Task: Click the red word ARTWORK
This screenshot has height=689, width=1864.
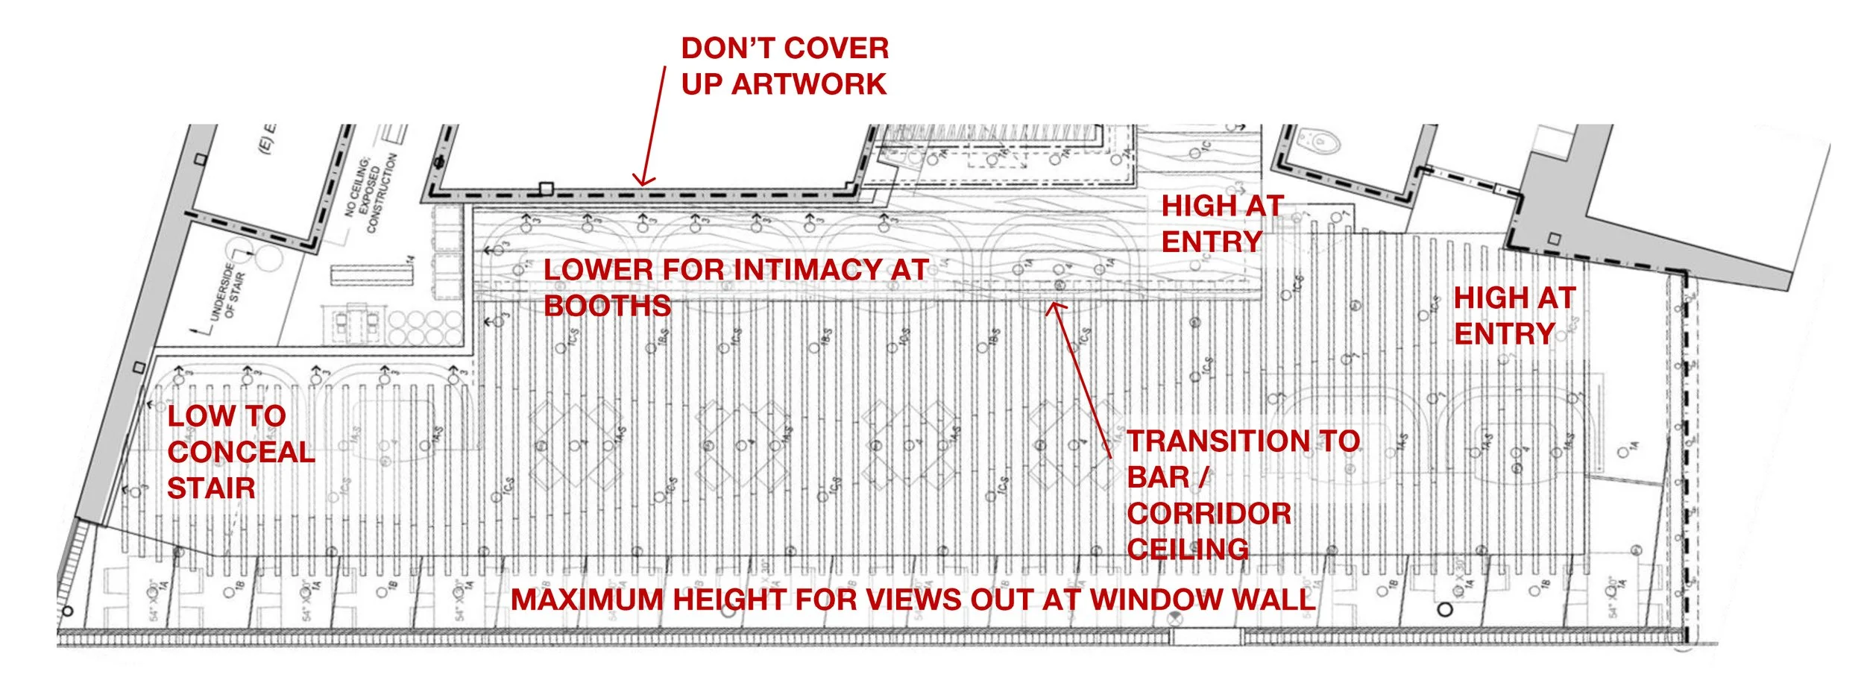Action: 809,84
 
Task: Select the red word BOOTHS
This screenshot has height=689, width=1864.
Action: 607,306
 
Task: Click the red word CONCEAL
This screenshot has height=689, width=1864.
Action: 241,452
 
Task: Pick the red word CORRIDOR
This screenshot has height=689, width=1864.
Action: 1209,514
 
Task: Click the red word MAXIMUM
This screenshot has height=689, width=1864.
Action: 587,600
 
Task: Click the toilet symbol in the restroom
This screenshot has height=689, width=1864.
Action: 1318,140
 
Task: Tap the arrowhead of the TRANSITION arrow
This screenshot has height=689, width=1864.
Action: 1053,306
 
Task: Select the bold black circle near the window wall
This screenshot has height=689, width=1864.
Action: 1445,609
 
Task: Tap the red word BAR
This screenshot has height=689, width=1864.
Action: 1158,477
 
